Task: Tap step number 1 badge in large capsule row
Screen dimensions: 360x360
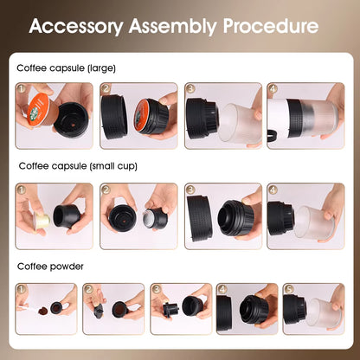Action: [x=21, y=87]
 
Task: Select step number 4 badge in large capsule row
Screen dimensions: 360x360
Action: [x=273, y=87]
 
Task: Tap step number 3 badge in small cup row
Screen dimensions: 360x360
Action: [x=190, y=188]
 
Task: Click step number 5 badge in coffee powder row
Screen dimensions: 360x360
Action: [x=289, y=288]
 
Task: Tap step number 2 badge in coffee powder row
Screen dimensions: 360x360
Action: [x=88, y=288]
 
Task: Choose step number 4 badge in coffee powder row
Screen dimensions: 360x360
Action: [x=222, y=288]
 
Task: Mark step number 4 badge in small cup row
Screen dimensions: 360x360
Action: [x=273, y=188]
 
